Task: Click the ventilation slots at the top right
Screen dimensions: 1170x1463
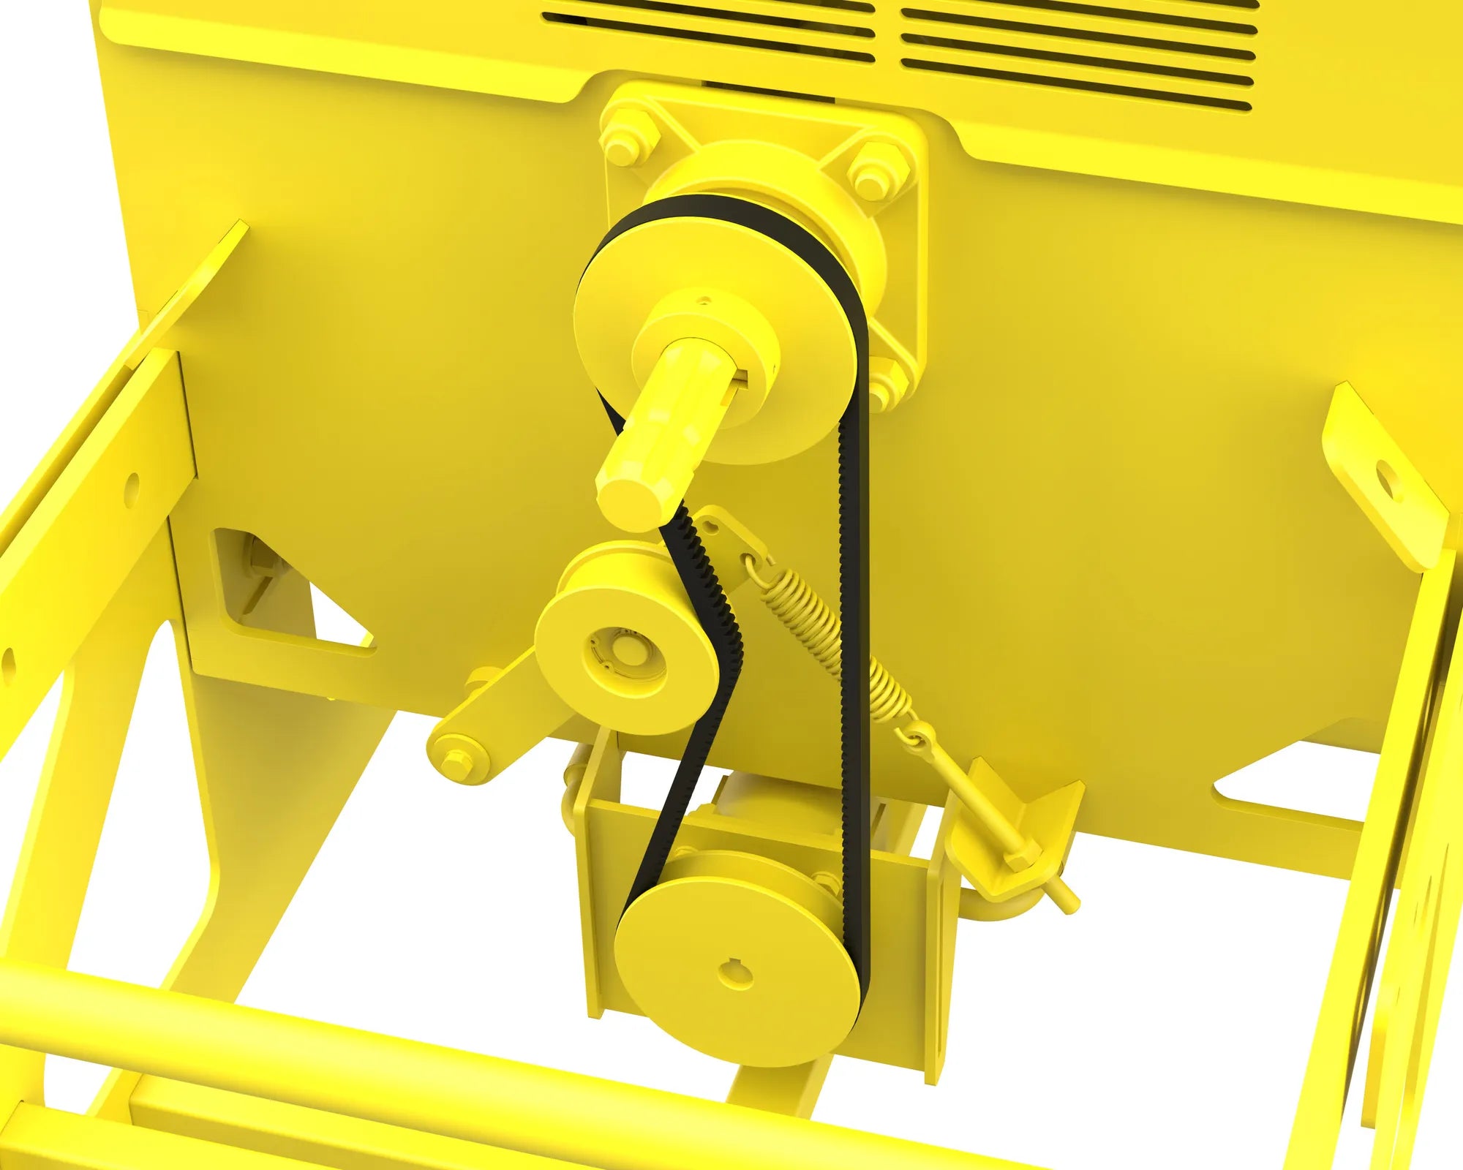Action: tap(1075, 51)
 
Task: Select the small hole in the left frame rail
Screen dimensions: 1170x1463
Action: tap(132, 483)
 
